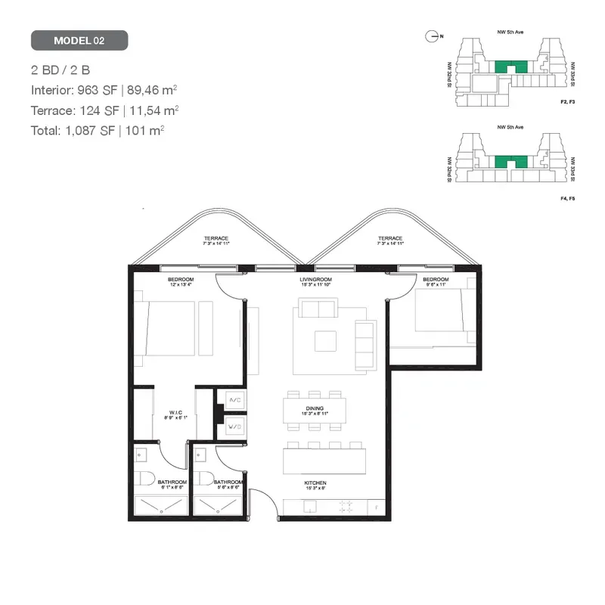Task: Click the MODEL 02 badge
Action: pos(79,40)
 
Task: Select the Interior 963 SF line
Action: pos(104,90)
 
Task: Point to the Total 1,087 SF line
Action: pos(98,129)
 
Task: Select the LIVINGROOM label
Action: pos(316,280)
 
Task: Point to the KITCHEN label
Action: pos(316,483)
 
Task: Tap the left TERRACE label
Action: pos(216,239)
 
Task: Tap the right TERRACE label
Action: pos(390,239)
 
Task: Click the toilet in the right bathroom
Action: pos(203,479)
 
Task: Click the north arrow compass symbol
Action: pos(432,36)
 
